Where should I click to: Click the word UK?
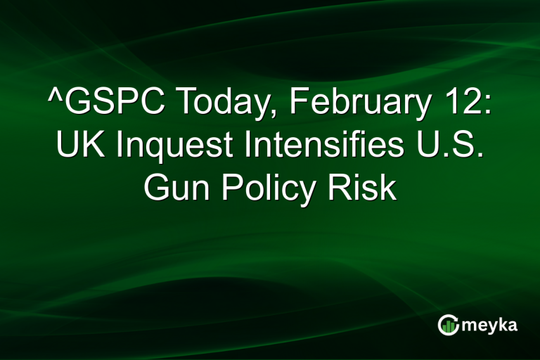[77, 147]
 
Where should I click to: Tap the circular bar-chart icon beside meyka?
[449, 325]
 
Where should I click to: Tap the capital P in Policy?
[229, 188]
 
